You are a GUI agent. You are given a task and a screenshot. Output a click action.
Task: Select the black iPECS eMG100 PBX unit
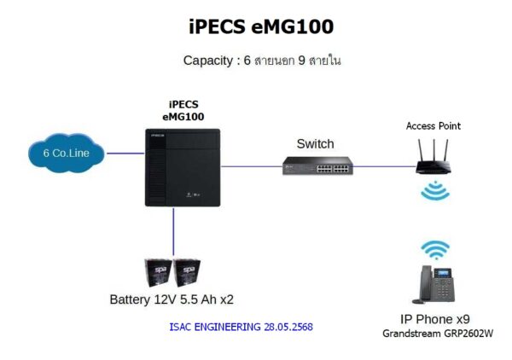coord(182,166)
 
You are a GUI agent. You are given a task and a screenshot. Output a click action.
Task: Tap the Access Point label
coord(433,126)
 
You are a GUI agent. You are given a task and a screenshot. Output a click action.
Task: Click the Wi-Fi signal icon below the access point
coord(435,190)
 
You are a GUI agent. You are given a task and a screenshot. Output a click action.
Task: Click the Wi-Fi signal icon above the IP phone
coord(435,249)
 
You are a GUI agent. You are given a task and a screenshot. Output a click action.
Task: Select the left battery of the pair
coord(158,273)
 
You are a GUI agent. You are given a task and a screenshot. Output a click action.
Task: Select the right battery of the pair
coord(187,273)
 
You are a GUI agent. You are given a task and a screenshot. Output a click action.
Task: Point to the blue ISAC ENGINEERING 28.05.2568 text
coord(236,327)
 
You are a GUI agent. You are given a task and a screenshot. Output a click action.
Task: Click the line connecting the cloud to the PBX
coord(123,154)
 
